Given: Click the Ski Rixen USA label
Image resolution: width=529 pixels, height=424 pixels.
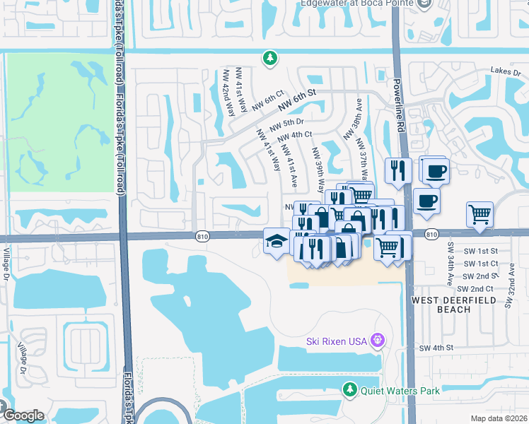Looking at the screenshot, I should pos(336,341).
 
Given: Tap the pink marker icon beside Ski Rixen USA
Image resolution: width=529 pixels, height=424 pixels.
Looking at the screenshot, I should pos(378,341).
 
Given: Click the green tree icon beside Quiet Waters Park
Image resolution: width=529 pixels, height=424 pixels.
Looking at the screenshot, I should pos(349,389).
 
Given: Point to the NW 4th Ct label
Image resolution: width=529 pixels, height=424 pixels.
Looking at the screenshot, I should pos(295,135).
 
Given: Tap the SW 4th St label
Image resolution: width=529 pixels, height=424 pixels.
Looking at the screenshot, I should pos(435,348).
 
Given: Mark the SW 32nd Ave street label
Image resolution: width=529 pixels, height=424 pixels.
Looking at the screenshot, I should pos(508,291).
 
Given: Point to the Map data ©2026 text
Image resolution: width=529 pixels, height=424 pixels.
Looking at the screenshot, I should pos(499,418).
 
